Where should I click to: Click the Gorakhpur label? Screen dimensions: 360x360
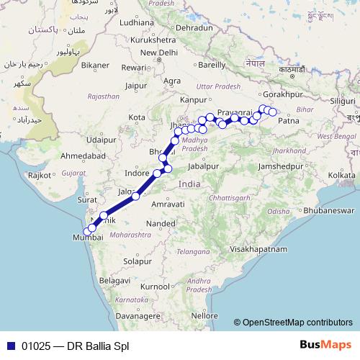[283, 94]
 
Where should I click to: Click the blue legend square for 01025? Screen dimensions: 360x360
[10, 345]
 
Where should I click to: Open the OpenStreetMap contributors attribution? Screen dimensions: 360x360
[298, 322]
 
